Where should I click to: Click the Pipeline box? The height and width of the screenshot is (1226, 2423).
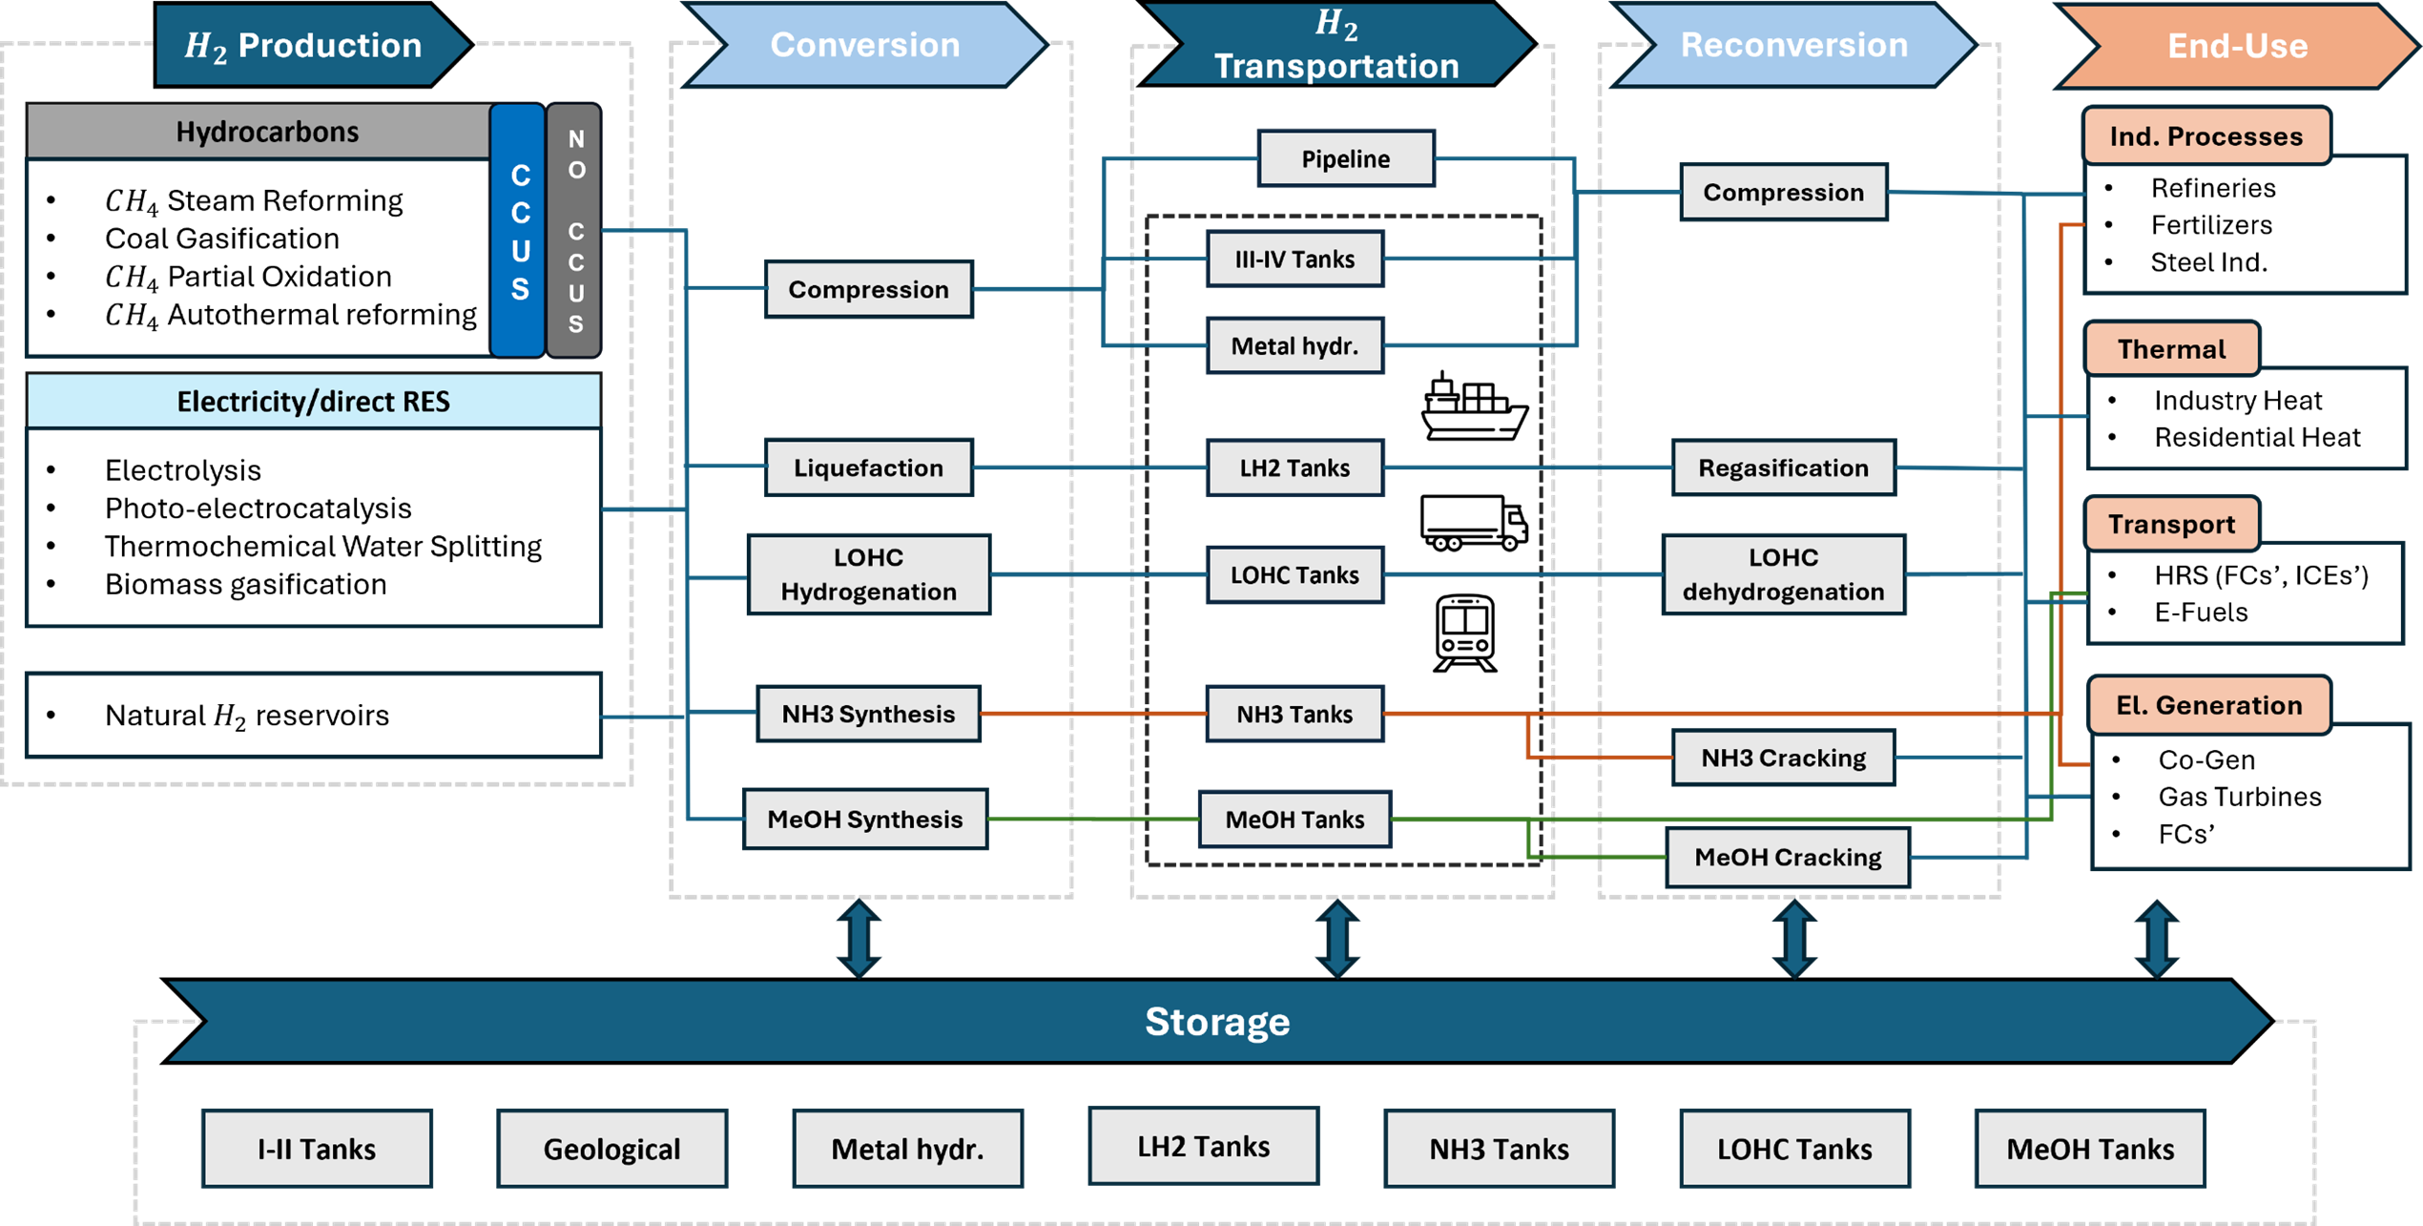[x=1346, y=158]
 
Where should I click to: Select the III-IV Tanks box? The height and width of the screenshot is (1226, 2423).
[x=1294, y=259]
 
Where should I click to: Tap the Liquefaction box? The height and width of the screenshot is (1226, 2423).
[x=868, y=468]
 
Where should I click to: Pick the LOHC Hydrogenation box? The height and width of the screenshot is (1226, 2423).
[x=868, y=574]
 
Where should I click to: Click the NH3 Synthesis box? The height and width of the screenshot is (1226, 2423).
[x=868, y=714]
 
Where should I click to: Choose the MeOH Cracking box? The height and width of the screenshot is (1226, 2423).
[x=1788, y=857]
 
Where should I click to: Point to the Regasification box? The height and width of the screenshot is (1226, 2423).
[x=1783, y=468]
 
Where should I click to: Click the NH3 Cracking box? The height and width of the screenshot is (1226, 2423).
[x=1783, y=758]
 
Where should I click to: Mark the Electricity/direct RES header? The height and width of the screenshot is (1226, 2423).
[x=313, y=401]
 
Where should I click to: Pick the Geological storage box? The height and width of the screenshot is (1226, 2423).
[x=611, y=1149]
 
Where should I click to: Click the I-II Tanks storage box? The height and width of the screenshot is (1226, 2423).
[x=317, y=1149]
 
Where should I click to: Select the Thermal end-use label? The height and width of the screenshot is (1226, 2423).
[x=2171, y=349]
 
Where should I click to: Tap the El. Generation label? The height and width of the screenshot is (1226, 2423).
[x=2208, y=705]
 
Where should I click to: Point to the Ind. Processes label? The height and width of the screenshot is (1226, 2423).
[x=2206, y=136]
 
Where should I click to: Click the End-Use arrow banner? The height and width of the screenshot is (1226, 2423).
[x=2237, y=46]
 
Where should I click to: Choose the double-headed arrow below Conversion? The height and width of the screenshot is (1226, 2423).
[x=859, y=939]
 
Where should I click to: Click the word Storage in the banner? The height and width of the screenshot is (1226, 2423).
[x=1217, y=1021]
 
